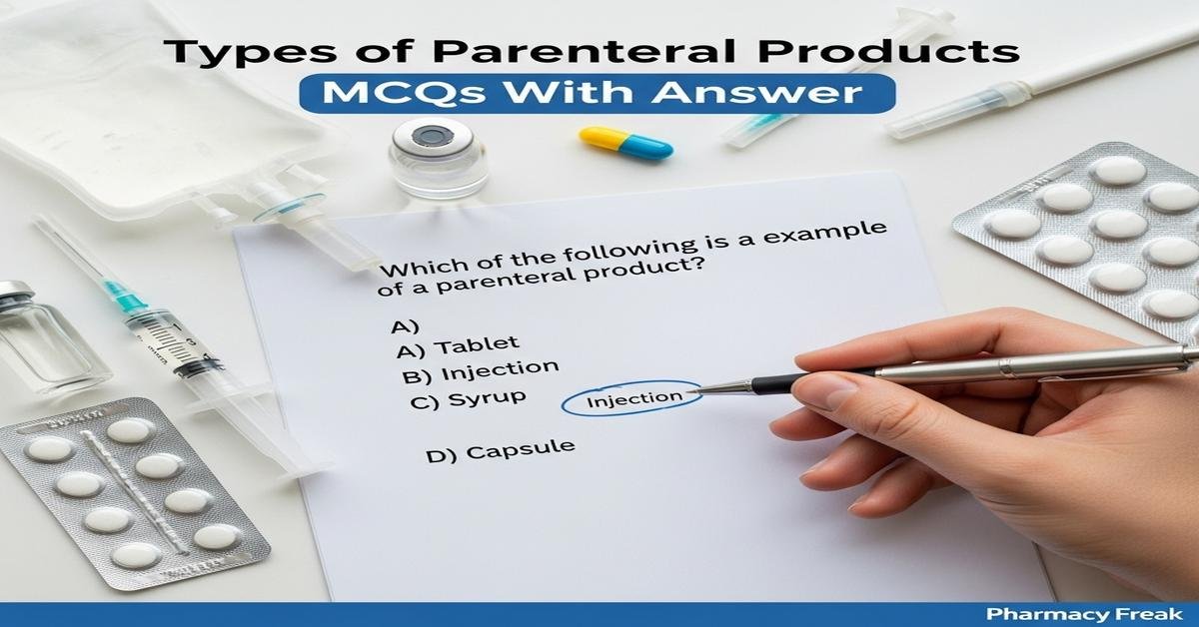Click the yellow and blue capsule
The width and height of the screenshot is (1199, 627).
pos(626,142)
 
